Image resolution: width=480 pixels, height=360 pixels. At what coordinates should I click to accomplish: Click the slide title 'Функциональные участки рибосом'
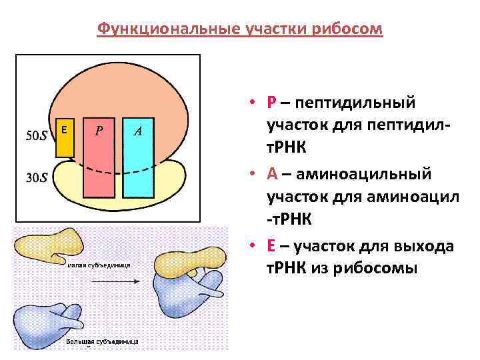(240, 29)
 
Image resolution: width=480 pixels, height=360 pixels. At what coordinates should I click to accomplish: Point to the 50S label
(36, 136)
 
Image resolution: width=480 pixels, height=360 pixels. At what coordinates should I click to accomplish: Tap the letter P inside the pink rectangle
(99, 131)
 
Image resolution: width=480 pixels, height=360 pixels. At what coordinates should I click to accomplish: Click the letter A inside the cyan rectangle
(137, 131)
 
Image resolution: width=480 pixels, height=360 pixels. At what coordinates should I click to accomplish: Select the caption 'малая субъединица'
(99, 265)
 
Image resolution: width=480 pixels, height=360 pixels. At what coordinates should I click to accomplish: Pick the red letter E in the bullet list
(271, 246)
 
